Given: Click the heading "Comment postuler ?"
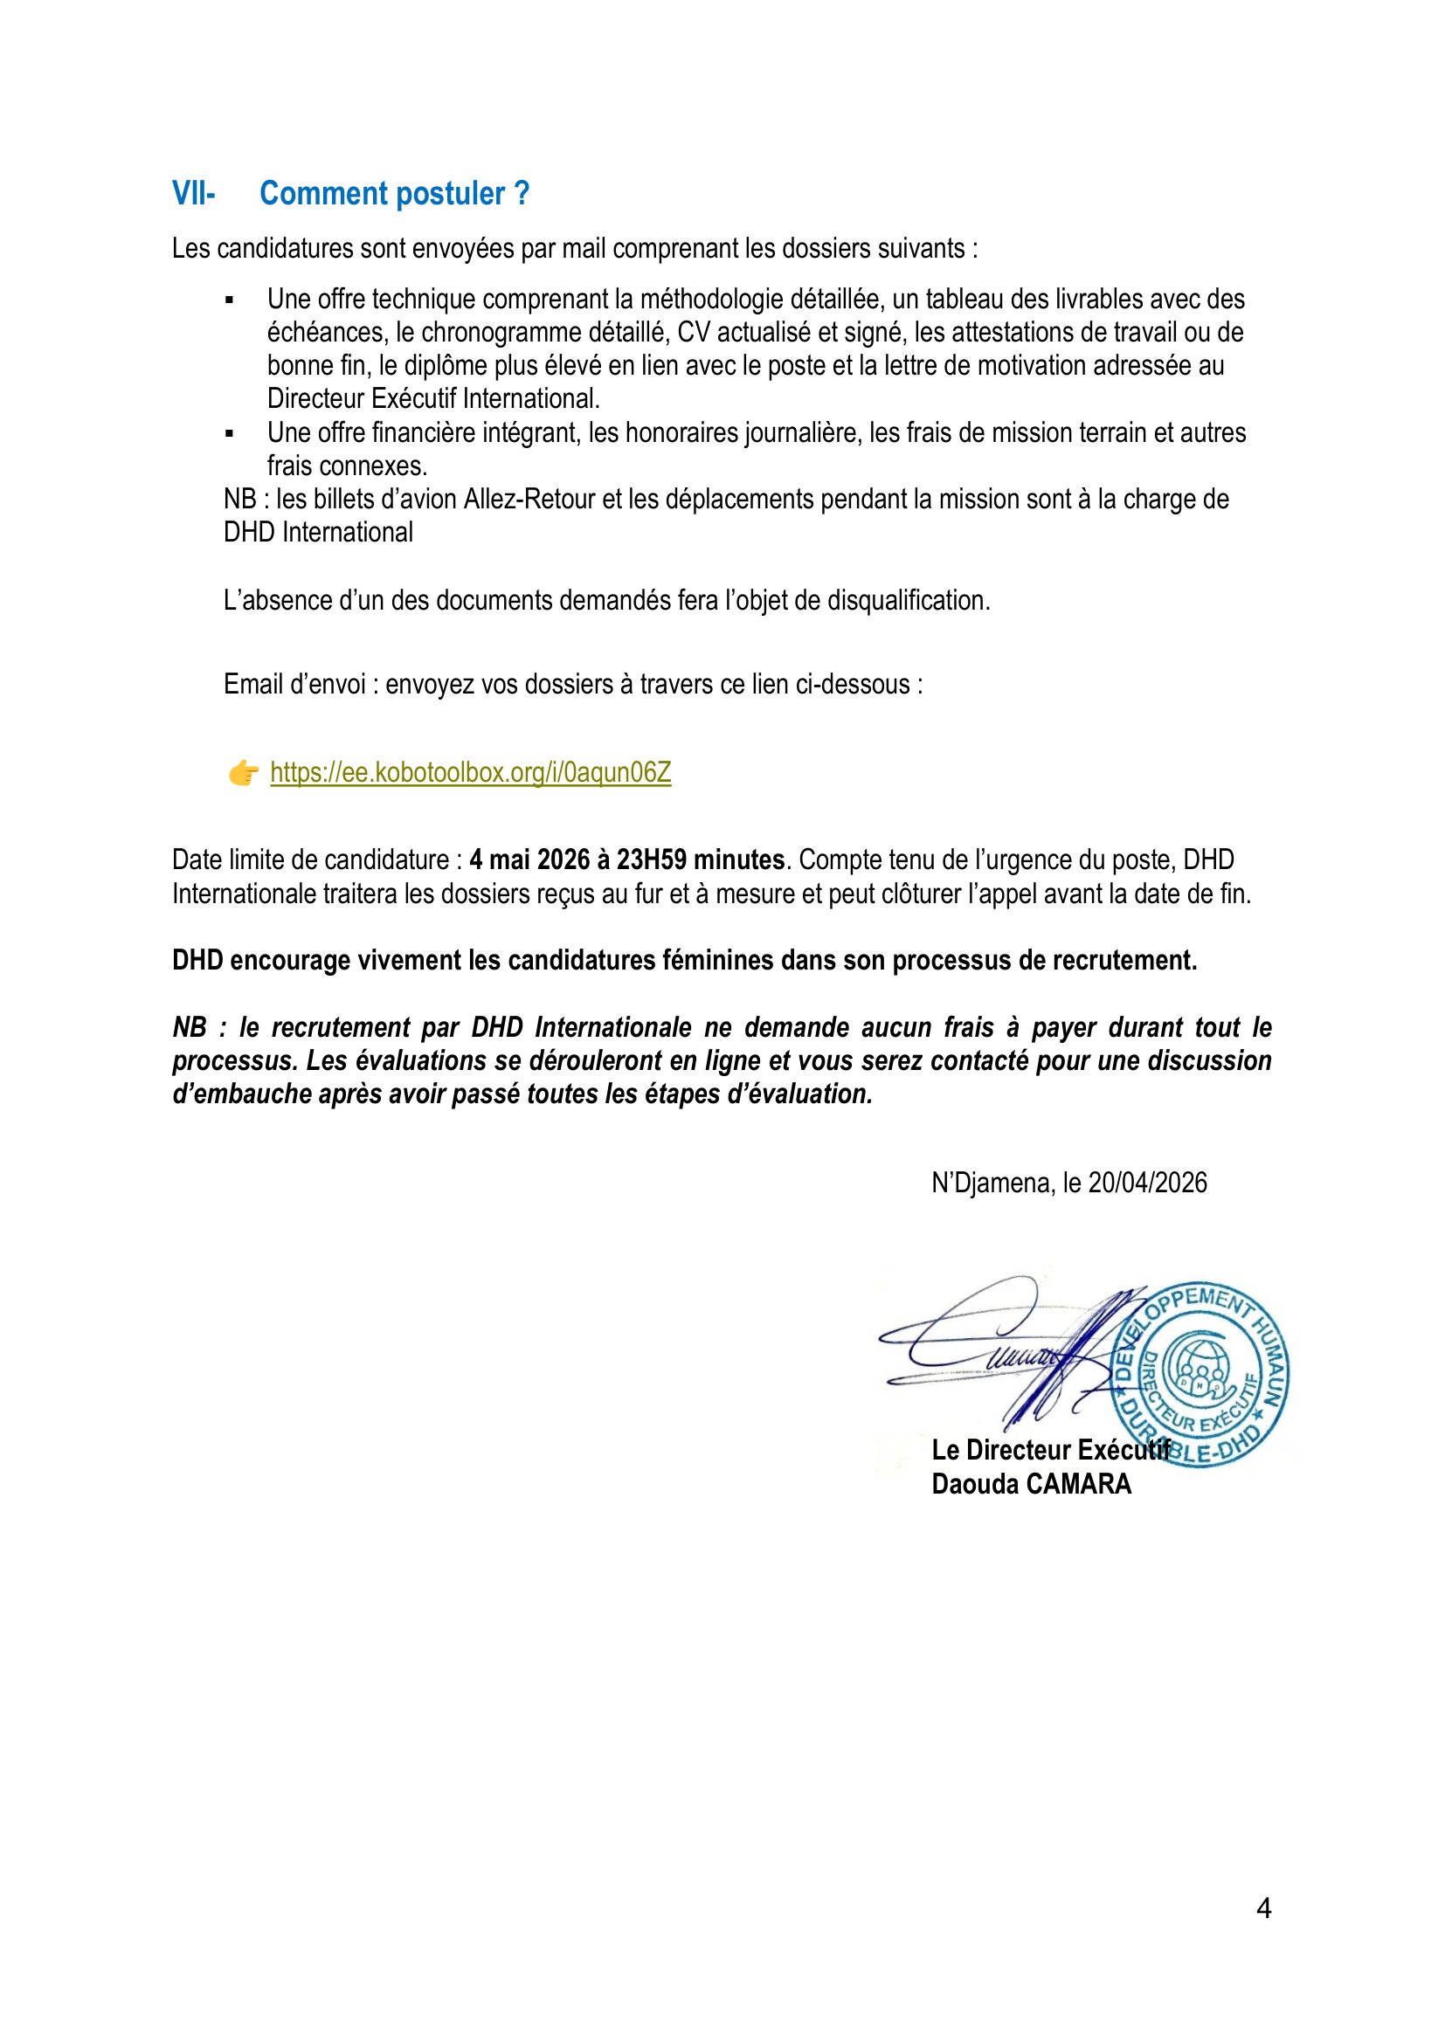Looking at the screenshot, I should pos(394,193).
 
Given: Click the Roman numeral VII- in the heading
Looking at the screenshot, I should pos(193,193).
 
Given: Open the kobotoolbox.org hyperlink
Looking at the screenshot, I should pos(471,772).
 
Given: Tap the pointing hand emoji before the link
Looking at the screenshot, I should pos(243,772).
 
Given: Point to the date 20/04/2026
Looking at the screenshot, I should pos(1148,1183).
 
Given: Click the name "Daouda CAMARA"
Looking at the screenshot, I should pos(1031,1484).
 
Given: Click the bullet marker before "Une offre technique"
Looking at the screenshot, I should pos(230,300).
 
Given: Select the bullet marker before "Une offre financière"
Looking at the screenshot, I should pos(230,434).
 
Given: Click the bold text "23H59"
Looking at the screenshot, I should pos(652,859).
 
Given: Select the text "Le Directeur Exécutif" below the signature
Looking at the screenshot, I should pos(1050,1451).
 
